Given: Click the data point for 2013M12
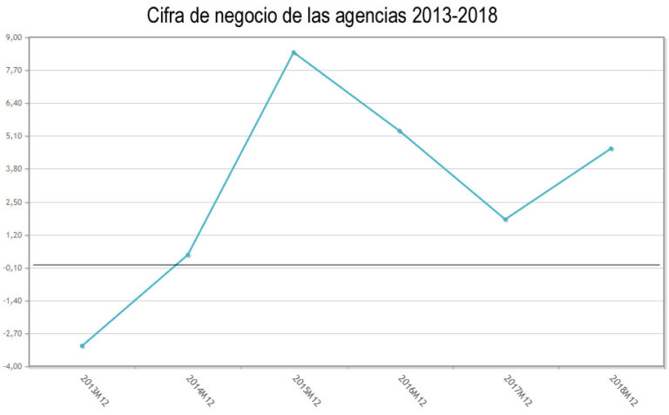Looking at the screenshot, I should [83, 346].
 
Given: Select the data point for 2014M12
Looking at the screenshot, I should [188, 255].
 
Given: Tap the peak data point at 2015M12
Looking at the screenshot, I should [294, 52].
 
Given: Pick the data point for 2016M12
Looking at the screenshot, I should [400, 131].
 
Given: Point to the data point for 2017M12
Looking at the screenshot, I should [505, 219].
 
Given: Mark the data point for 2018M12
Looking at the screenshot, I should [612, 149].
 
